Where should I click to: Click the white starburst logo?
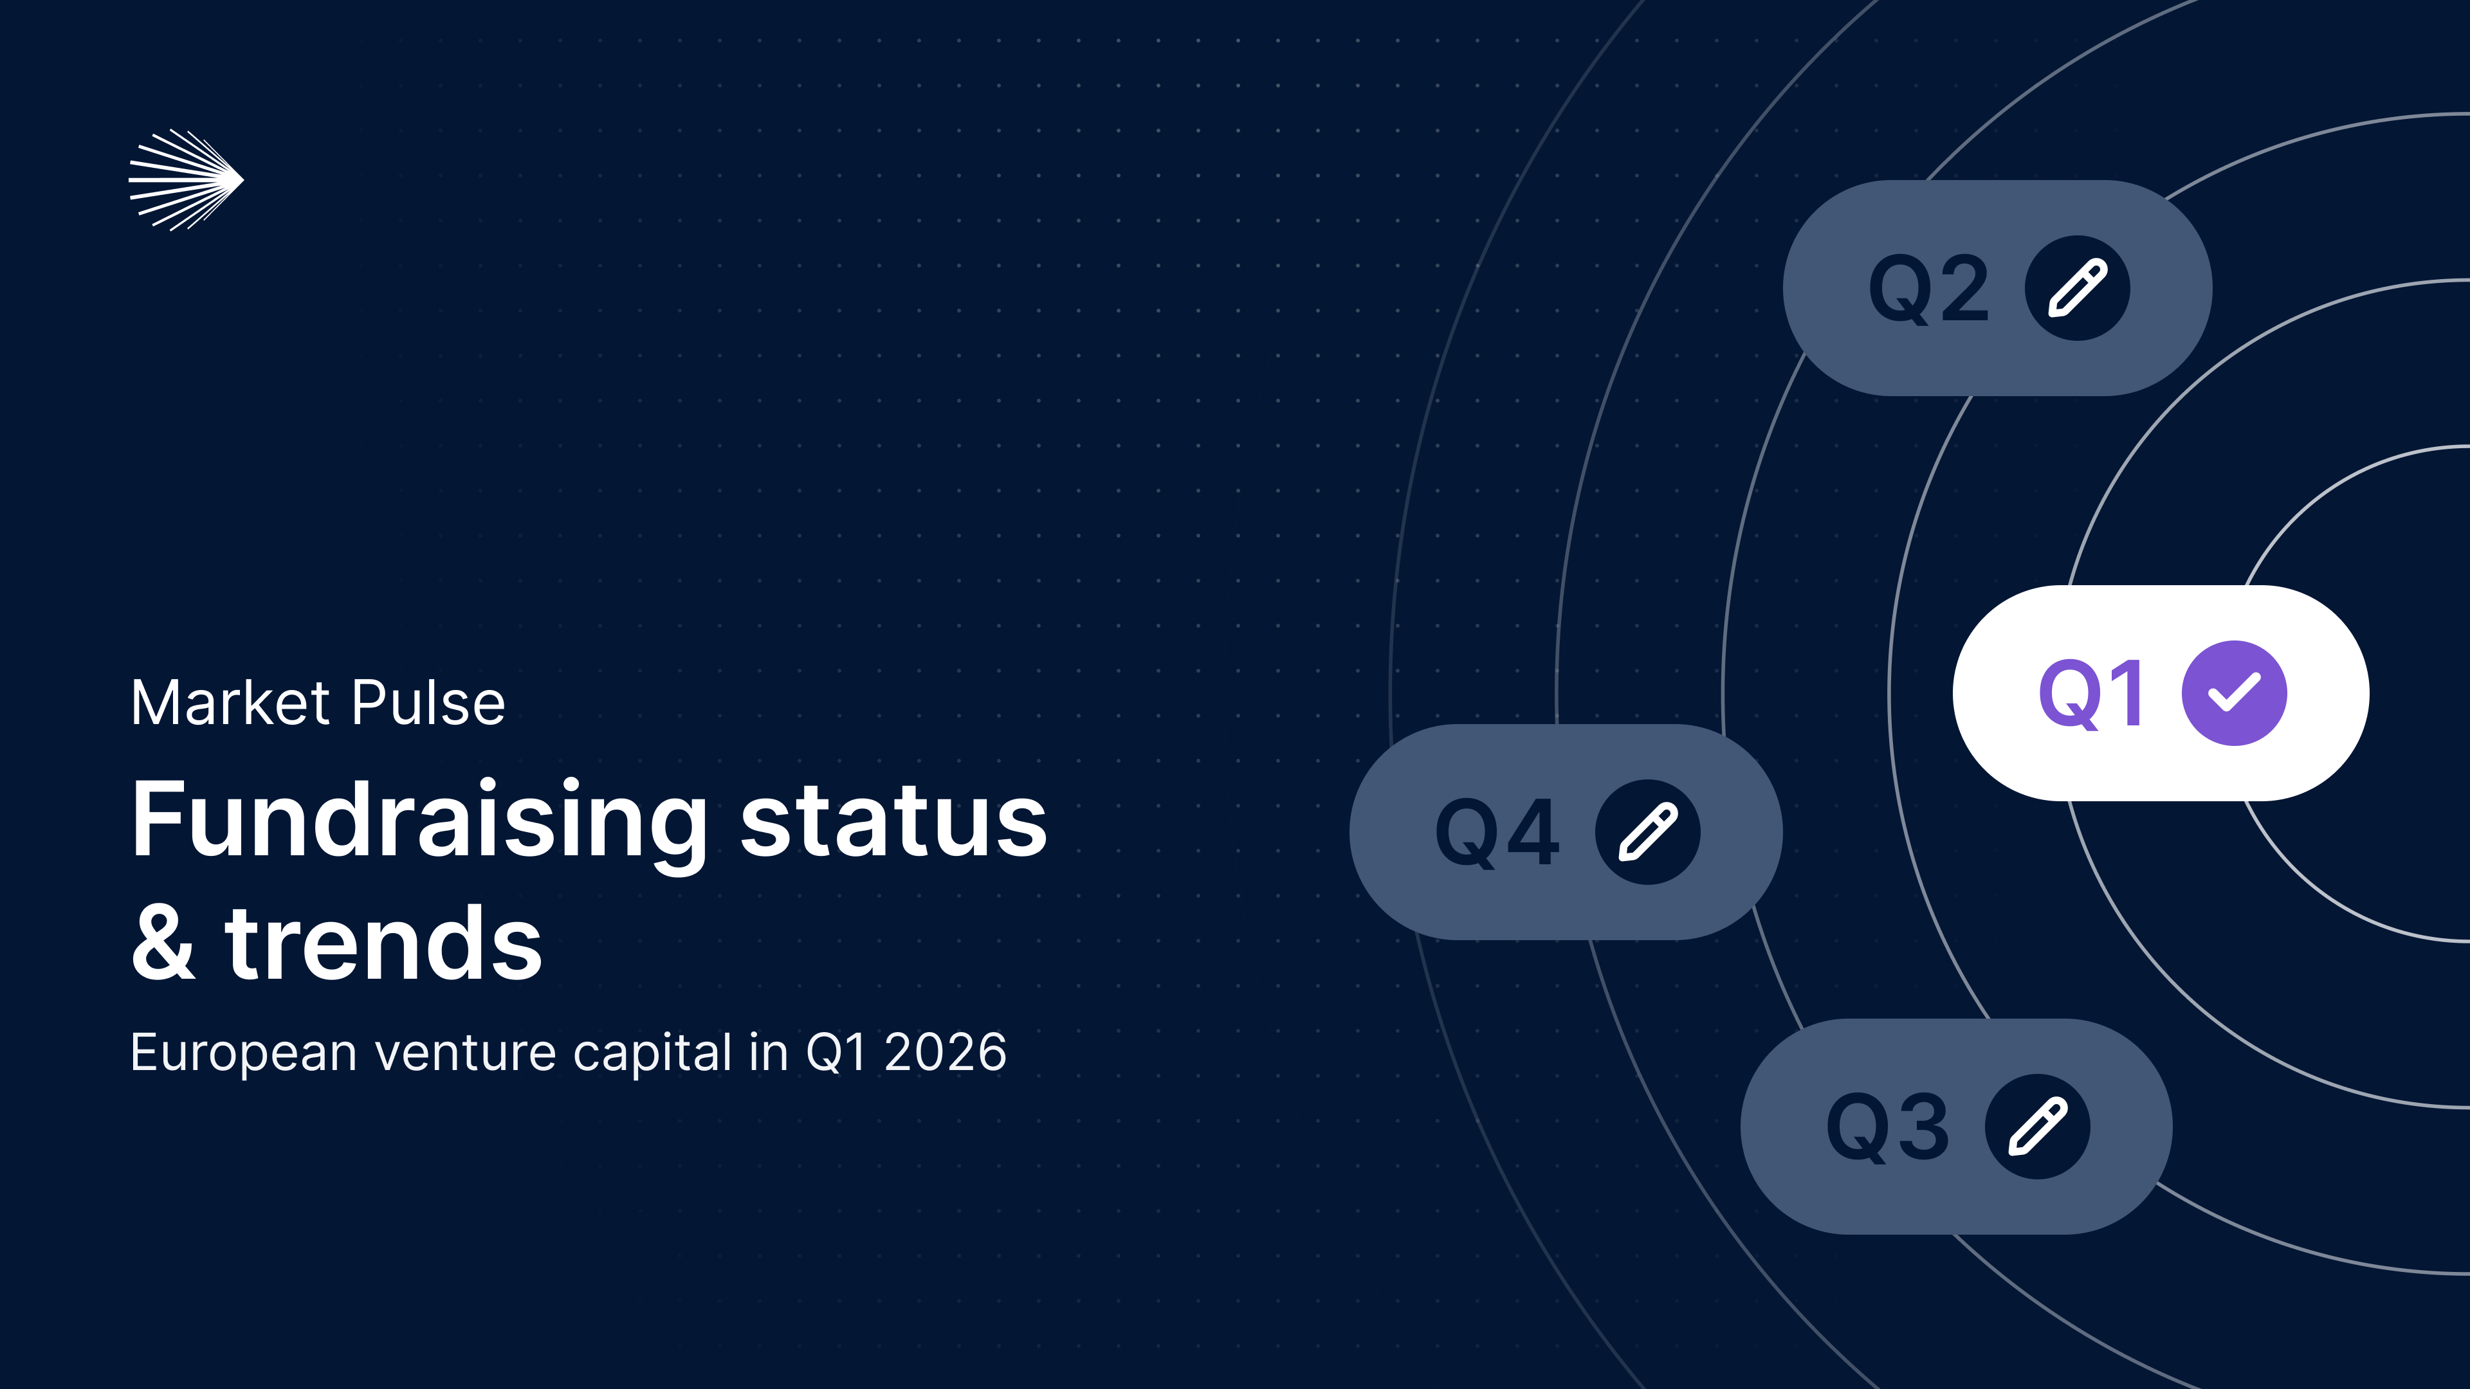click(186, 179)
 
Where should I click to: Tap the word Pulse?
click(428, 703)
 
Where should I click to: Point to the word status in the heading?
click(893, 822)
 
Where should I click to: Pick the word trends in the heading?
click(383, 943)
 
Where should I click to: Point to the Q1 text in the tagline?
click(837, 1053)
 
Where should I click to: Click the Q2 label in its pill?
click(1929, 289)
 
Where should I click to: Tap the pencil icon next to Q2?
click(2077, 287)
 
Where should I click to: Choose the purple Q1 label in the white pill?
click(2091, 694)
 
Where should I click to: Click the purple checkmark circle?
click(2234, 693)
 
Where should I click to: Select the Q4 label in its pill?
click(1497, 833)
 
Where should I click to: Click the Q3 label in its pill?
click(1888, 1127)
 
